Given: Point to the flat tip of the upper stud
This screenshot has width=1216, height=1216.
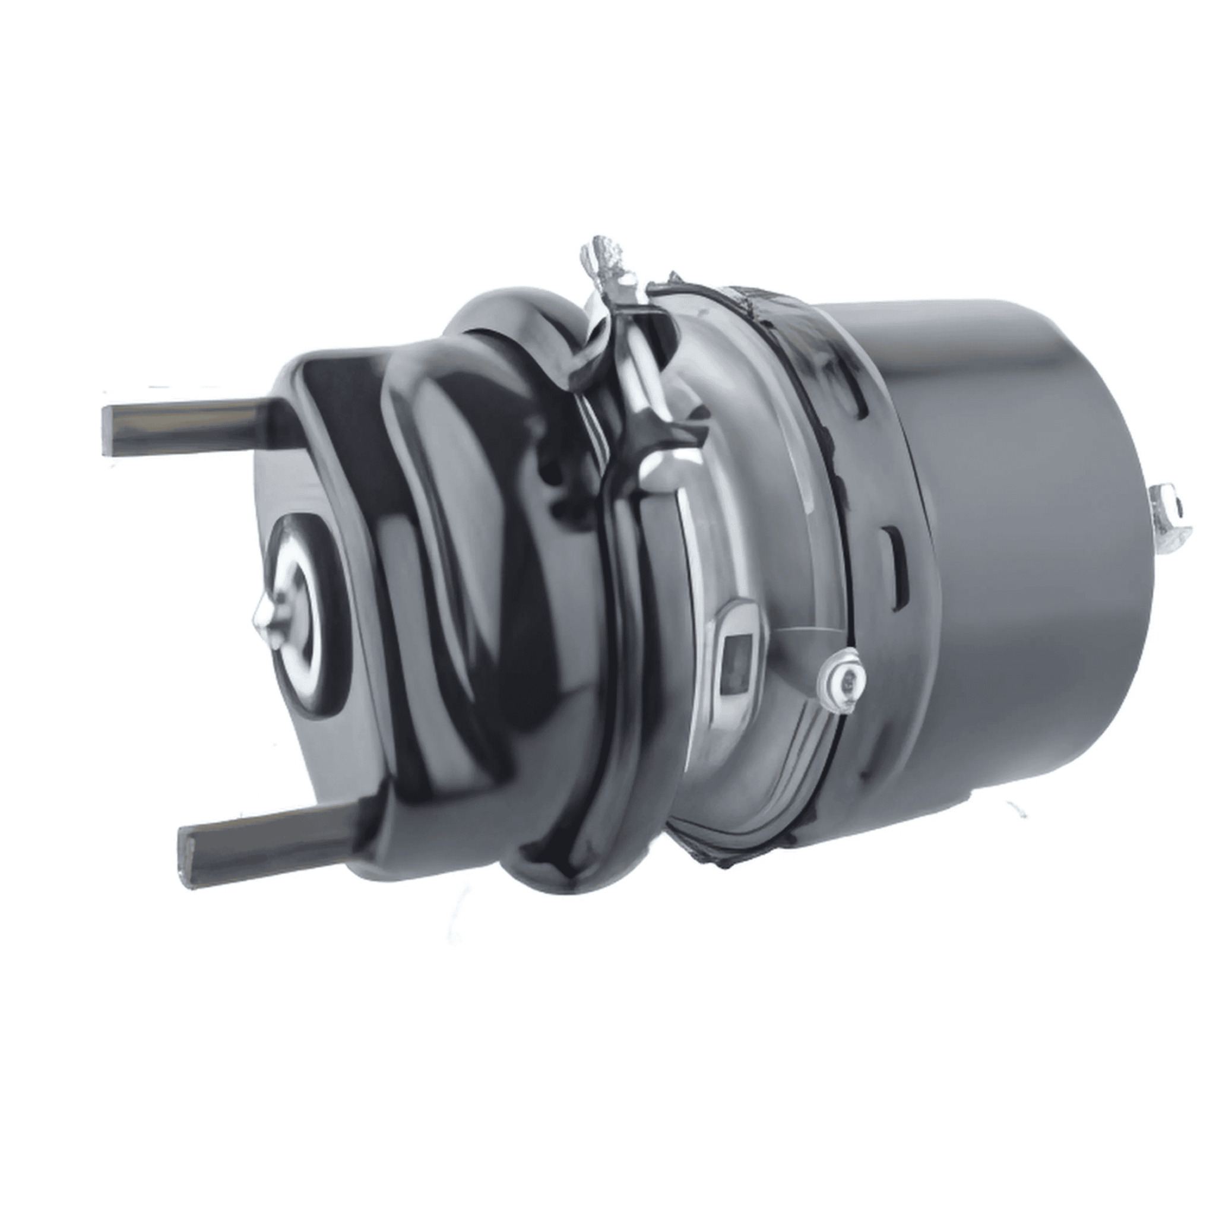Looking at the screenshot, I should [107, 430].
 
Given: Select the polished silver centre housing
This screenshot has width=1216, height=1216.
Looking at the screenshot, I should [743, 535].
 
